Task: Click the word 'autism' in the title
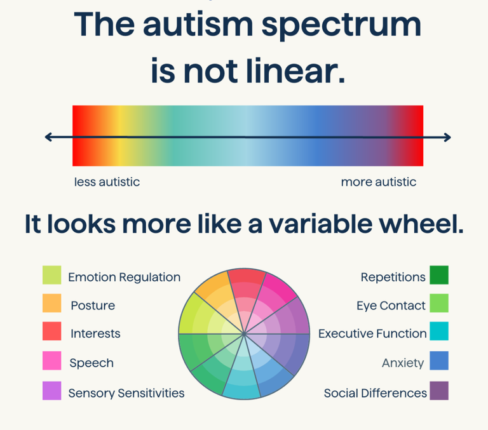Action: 198,25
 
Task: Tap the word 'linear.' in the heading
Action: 295,71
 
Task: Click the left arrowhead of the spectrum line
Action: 48,137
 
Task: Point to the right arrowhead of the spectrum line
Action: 447,137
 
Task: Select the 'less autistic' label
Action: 107,182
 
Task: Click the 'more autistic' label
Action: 379,182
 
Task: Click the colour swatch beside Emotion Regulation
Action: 51,275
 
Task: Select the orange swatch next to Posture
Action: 51,303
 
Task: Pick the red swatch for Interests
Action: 51,331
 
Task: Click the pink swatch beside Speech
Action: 51,360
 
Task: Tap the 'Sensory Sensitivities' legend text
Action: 126,393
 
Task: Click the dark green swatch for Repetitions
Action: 439,275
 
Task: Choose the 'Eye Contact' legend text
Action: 391,306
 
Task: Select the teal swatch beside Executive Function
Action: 439,331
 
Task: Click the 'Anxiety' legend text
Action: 403,363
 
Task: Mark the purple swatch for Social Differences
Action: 439,391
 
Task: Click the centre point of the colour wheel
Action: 244,334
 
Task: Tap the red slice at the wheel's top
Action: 247,290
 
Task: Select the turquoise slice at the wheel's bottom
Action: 242,380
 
